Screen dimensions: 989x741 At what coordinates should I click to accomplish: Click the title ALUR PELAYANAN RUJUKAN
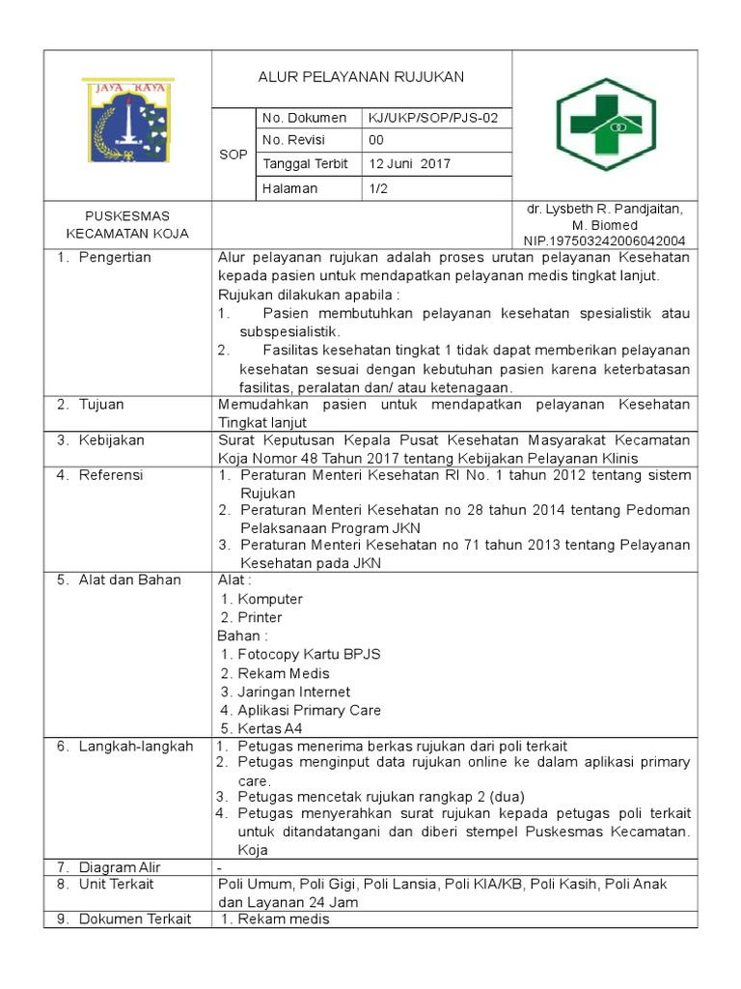tap(361, 76)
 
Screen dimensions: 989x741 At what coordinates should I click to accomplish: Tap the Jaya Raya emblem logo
tap(127, 125)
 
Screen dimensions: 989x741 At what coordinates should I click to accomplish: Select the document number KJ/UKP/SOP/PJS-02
tap(431, 118)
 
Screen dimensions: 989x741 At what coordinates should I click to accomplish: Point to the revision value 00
tap(377, 141)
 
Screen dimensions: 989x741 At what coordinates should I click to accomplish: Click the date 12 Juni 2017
tap(410, 164)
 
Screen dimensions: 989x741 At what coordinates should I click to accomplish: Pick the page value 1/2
tap(377, 189)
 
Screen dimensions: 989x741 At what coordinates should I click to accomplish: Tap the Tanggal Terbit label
tap(305, 164)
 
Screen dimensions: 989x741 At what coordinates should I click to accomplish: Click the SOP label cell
tap(233, 155)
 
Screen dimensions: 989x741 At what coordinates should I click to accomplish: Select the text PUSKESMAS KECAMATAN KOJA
tap(127, 224)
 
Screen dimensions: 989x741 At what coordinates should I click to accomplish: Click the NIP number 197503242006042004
tap(604, 240)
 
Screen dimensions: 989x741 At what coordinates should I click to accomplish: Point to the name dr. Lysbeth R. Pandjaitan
tap(604, 210)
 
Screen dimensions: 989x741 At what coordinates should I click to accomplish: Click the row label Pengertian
tap(115, 258)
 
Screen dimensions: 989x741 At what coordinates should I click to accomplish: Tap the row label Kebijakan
tap(112, 440)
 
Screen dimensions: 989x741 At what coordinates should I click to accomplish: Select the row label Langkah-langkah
tap(136, 747)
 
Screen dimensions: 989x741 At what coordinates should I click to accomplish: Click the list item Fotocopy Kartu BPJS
tap(309, 655)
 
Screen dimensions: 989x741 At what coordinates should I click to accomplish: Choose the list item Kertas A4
tap(276, 728)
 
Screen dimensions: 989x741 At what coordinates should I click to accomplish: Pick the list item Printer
tap(260, 618)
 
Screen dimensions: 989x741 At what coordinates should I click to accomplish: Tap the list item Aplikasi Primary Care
tap(309, 710)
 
